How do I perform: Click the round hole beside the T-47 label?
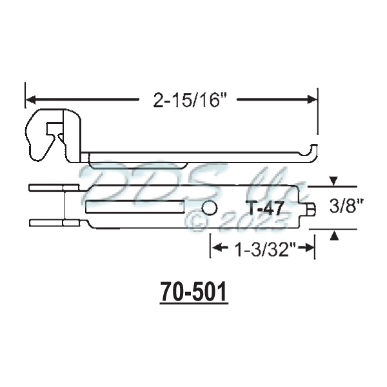(209, 208)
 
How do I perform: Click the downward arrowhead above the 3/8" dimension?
(333, 181)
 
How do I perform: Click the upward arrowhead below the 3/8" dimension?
(333, 237)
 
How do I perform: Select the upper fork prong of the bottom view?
(53, 188)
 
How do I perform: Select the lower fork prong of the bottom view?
(53, 223)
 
